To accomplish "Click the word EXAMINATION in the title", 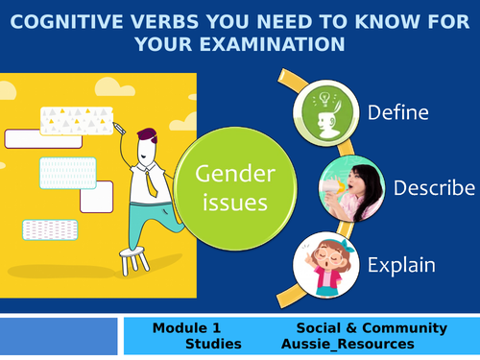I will coord(278,42).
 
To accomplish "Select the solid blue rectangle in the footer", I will coord(60,335).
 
